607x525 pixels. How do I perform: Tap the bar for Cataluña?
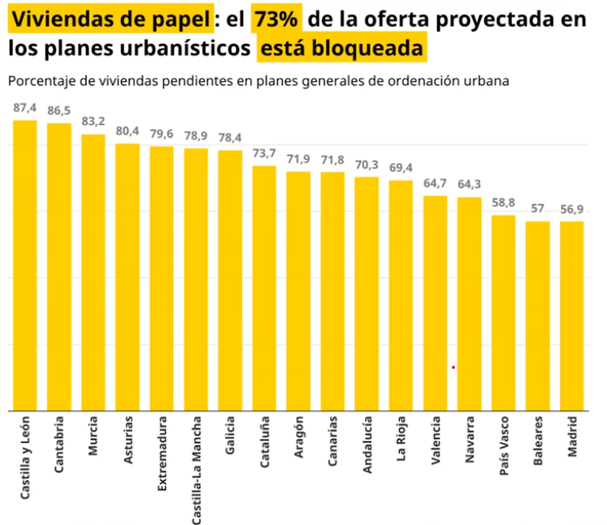(264, 288)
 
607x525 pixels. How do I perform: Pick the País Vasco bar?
(503, 312)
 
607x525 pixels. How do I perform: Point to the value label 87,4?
(25, 108)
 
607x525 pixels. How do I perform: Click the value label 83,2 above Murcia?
(93, 122)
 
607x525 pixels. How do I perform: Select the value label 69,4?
(401, 168)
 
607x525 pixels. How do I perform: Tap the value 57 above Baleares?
(538, 209)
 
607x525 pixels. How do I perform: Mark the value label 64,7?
(436, 184)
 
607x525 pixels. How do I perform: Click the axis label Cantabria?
(59, 445)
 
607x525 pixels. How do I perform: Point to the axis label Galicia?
(230, 436)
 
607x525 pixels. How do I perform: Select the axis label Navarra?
(469, 440)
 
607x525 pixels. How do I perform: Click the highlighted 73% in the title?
(277, 19)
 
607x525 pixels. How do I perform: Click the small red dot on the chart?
(453, 367)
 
